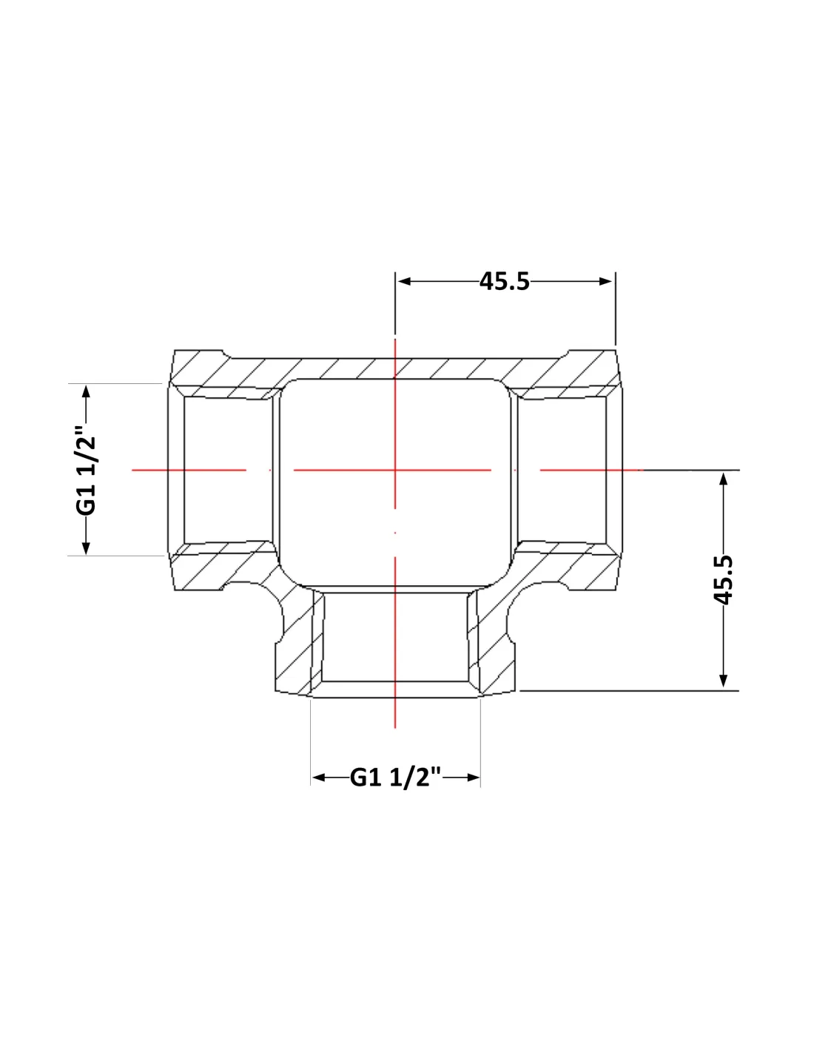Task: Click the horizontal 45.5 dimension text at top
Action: [504, 281]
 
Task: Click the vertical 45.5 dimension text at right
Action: [724, 579]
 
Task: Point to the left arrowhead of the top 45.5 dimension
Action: [404, 281]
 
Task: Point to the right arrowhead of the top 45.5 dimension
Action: [606, 281]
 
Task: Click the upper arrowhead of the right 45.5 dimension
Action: [724, 479]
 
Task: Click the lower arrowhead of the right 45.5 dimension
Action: [724, 681]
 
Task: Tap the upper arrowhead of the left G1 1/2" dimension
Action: [86, 392]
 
